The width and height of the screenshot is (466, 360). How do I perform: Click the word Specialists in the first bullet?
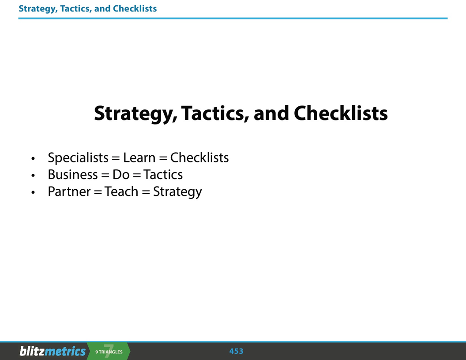(78, 157)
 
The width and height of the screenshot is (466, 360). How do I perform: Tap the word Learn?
(139, 157)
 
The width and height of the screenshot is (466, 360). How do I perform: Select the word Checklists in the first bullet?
(199, 157)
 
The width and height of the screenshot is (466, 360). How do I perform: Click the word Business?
(73, 175)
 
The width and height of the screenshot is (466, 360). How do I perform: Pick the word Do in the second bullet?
(121, 175)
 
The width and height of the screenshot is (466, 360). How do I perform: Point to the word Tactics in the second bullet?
(163, 175)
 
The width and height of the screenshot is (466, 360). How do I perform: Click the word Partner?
(69, 192)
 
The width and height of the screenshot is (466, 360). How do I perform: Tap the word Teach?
(121, 192)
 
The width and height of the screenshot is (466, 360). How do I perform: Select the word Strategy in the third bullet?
(177, 192)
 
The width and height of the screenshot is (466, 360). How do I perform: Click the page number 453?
(237, 351)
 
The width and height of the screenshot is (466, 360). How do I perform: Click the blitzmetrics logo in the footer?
(53, 351)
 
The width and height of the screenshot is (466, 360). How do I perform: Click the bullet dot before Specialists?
(33, 159)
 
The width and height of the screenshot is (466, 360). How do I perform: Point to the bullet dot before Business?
(33, 176)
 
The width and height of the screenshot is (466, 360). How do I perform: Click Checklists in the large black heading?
(341, 113)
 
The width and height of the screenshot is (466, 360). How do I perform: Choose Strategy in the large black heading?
(135, 114)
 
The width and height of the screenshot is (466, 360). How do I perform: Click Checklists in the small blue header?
(135, 8)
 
